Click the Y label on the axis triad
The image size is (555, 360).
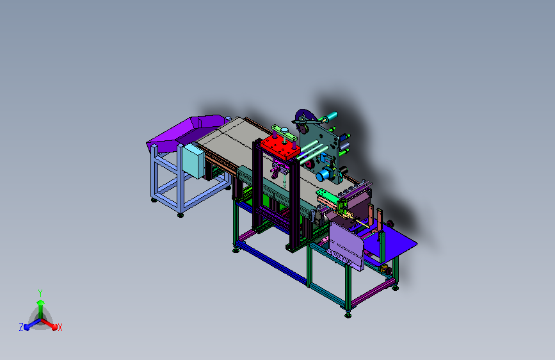(40, 293)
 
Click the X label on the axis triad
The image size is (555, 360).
(60, 328)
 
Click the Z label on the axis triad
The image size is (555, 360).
(21, 327)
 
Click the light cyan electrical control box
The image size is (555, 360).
(193, 161)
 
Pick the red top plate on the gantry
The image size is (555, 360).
(280, 147)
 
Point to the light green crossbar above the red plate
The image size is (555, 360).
(284, 133)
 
